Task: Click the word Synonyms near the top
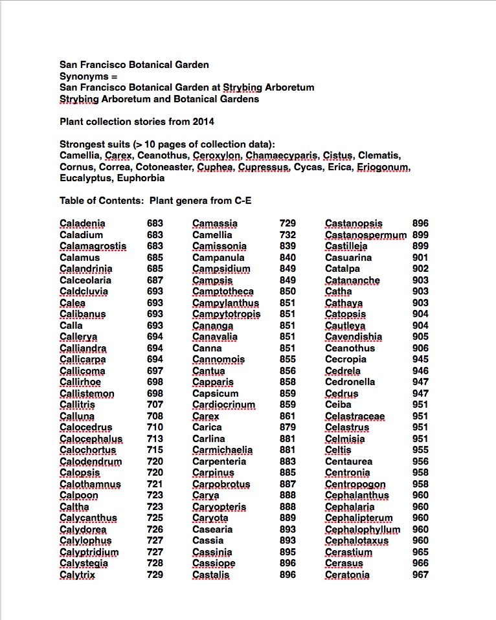(x=81, y=76)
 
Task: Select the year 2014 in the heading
(x=202, y=121)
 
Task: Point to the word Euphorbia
(x=141, y=178)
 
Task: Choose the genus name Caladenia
(x=82, y=223)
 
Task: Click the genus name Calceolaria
(x=85, y=280)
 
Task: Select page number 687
(x=155, y=280)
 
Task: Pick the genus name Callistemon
(x=87, y=393)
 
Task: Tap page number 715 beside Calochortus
(x=155, y=450)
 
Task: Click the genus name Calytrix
(x=77, y=575)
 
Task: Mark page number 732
(x=287, y=235)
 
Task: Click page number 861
(x=287, y=416)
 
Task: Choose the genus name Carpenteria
(x=219, y=461)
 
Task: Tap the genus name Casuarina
(x=348, y=258)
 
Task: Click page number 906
(x=420, y=348)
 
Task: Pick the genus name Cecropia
(x=346, y=359)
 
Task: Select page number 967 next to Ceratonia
(x=420, y=575)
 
